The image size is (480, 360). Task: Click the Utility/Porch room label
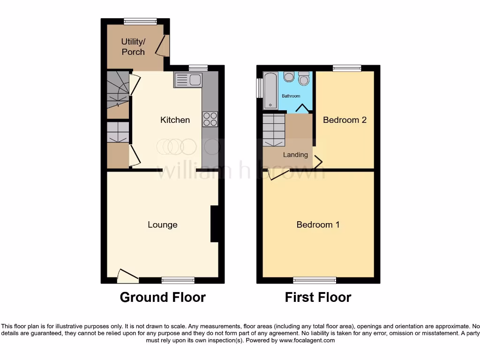click(133, 47)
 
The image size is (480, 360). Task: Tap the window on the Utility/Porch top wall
click(140, 21)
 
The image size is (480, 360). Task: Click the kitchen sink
click(187, 80)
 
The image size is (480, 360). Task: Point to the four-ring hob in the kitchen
click(210, 119)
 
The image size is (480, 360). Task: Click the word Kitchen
click(175, 120)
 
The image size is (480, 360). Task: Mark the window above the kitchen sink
click(198, 68)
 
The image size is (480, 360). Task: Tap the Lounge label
click(162, 225)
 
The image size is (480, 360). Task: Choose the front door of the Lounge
click(127, 277)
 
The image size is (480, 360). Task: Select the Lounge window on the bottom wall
click(178, 280)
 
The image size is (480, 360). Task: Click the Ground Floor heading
click(163, 297)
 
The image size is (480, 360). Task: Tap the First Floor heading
click(318, 297)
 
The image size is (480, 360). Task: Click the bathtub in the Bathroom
click(270, 90)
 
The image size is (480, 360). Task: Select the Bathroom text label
click(291, 96)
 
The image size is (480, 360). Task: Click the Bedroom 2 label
click(345, 120)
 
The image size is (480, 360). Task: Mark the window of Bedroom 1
click(315, 280)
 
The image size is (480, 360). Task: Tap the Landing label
click(295, 155)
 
